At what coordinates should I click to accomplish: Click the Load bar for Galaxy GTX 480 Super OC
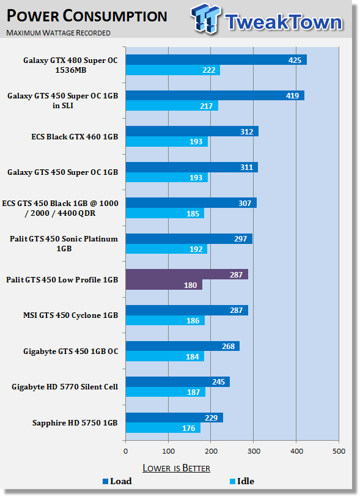pyautogui.click(x=216, y=59)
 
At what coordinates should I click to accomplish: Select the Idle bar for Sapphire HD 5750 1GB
pyautogui.click(x=163, y=428)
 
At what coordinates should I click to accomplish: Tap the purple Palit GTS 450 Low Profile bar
pyautogui.click(x=187, y=279)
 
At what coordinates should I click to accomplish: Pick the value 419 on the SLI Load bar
pyautogui.click(x=292, y=95)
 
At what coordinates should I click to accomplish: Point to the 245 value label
pyautogui.click(x=218, y=381)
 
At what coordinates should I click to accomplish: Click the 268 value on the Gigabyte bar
pyautogui.click(x=228, y=346)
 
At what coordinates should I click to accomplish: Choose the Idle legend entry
pyautogui.click(x=242, y=481)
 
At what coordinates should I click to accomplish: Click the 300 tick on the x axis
pyautogui.click(x=254, y=451)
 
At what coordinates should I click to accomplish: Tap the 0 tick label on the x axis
pyautogui.click(x=125, y=451)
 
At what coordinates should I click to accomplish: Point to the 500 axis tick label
pyautogui.click(x=339, y=451)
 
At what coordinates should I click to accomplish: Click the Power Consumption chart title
pyautogui.click(x=87, y=16)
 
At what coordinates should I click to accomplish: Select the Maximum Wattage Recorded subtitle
pyautogui.click(x=58, y=32)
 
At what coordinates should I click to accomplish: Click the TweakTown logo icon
pyautogui.click(x=205, y=18)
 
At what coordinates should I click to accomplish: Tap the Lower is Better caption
pyautogui.click(x=176, y=468)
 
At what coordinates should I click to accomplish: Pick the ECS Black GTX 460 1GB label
pyautogui.click(x=75, y=136)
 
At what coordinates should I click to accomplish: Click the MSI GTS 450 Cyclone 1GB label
pyautogui.click(x=70, y=315)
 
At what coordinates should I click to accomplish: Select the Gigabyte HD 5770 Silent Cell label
pyautogui.click(x=65, y=387)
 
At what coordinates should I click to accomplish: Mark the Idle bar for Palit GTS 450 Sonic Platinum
pyautogui.click(x=166, y=249)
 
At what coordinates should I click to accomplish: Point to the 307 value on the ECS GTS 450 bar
pyautogui.click(x=244, y=203)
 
